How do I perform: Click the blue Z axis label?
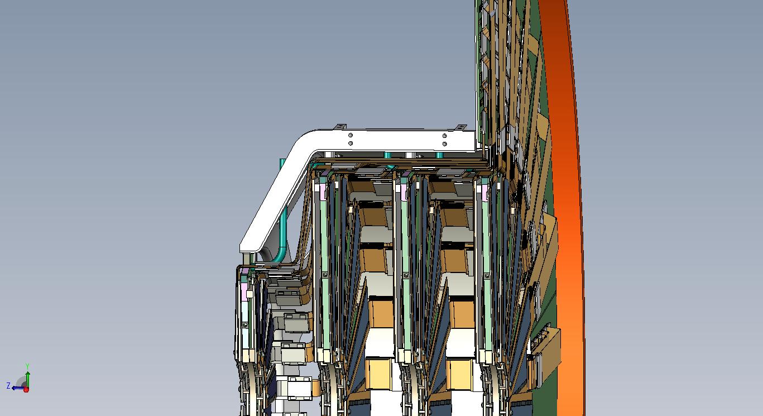point(8,386)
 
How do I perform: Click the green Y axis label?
point(27,366)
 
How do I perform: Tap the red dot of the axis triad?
point(26,389)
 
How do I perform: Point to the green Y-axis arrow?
point(27,379)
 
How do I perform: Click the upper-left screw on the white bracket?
point(350,136)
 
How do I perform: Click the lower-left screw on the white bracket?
point(350,143)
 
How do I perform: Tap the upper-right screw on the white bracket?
point(444,136)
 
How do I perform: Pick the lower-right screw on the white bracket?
point(444,144)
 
